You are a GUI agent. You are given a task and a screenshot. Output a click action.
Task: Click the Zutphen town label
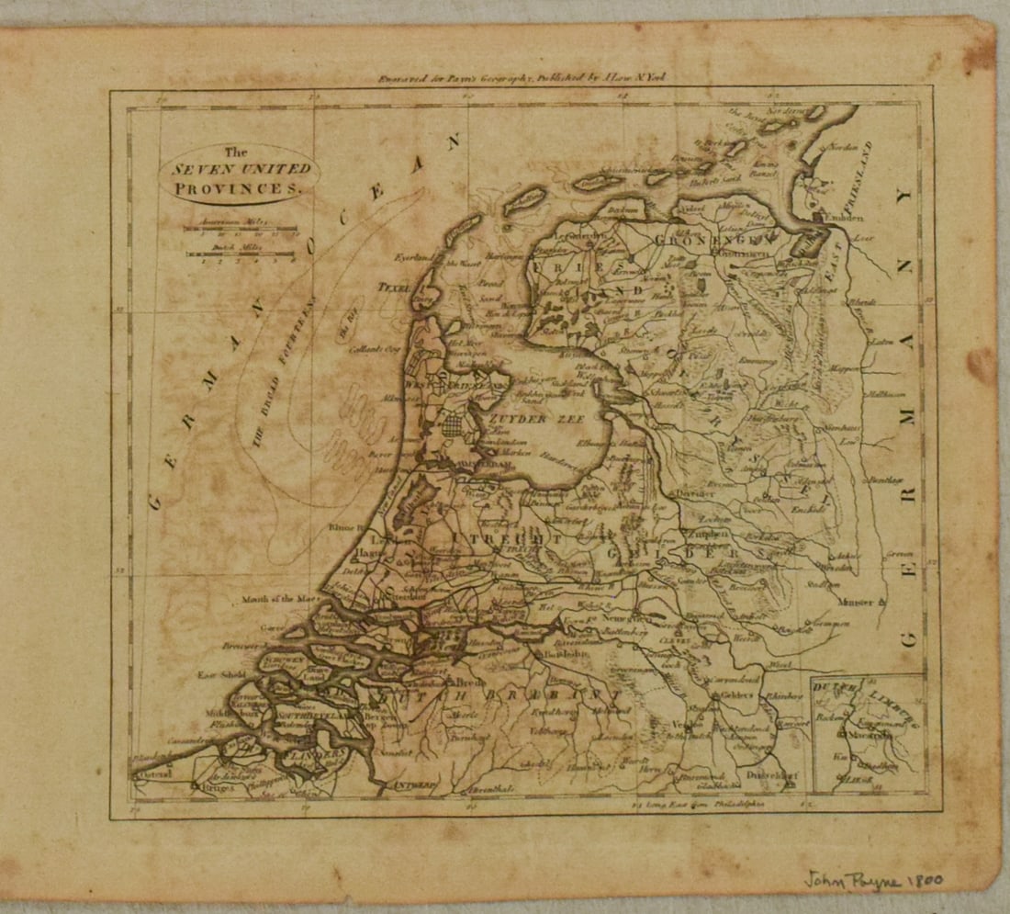(710, 532)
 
